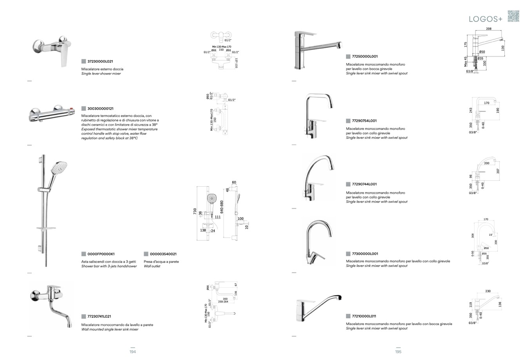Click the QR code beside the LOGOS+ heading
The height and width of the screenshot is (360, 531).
tap(513, 16)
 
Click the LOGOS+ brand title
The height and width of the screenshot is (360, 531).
tap(486, 19)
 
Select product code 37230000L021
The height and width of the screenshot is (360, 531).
tap(100, 61)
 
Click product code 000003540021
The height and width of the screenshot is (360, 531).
tap(163, 254)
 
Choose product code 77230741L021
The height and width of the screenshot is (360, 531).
tap(99, 316)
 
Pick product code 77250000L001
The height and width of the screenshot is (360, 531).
tap(365, 56)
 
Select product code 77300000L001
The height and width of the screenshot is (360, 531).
tap(365, 254)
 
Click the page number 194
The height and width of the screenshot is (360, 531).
tap(132, 352)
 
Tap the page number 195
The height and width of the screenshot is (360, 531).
tap(398, 352)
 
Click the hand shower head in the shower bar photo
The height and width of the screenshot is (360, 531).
tap(59, 168)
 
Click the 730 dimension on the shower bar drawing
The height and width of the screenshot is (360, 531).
tap(195, 211)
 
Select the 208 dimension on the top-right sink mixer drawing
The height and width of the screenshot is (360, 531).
tap(488, 29)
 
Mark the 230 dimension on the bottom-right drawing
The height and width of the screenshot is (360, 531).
tap(488, 291)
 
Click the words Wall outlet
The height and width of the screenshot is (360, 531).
tap(152, 266)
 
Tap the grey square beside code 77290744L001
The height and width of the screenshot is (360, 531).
tap(348, 184)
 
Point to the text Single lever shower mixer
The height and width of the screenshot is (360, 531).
tap(101, 74)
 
